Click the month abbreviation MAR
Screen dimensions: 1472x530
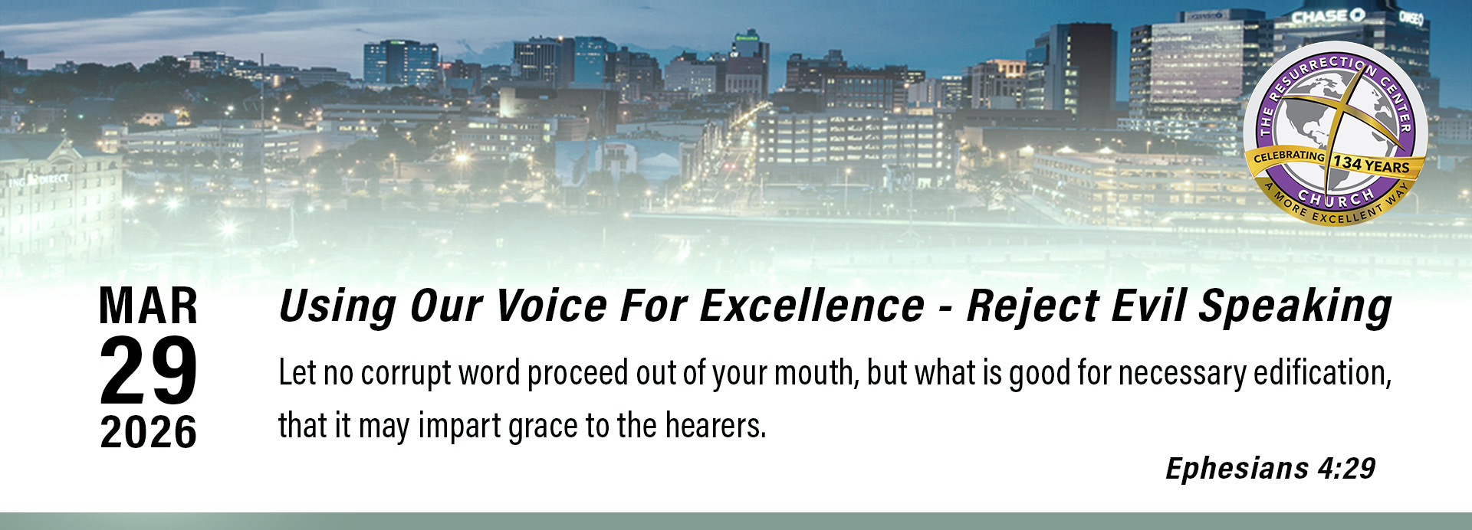tap(149, 306)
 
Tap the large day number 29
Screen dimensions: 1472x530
tap(149, 371)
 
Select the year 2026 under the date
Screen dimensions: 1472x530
tap(149, 432)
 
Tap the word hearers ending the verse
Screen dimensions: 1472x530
tap(715, 426)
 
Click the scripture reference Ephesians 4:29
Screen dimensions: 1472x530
tap(1270, 468)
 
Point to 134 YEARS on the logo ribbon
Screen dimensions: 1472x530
tap(1372, 165)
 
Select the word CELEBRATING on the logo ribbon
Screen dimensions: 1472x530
tap(1290, 155)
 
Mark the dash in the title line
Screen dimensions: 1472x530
tap(946, 309)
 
